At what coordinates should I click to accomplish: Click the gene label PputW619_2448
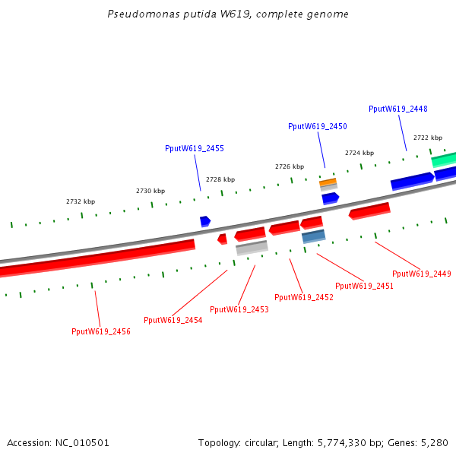(397, 109)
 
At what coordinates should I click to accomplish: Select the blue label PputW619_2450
(317, 126)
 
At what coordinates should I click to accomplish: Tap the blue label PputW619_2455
(194, 148)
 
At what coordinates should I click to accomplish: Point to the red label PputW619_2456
(101, 331)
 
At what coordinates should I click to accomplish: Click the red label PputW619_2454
(173, 320)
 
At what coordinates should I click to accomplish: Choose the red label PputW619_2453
(239, 309)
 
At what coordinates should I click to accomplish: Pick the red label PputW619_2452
(303, 297)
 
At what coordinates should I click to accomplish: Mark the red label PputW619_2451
(364, 286)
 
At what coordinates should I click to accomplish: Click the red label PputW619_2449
(421, 274)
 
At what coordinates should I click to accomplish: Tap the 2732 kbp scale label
(81, 201)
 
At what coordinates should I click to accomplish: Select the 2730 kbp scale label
(150, 191)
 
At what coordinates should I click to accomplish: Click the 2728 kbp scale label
(220, 179)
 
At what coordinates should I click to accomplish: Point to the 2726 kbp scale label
(290, 166)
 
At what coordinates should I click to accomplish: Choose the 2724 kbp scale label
(359, 153)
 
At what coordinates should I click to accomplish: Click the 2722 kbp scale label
(428, 138)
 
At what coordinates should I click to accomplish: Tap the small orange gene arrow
(328, 182)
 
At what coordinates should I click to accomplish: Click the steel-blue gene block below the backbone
(313, 236)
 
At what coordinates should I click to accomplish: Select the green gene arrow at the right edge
(444, 160)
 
